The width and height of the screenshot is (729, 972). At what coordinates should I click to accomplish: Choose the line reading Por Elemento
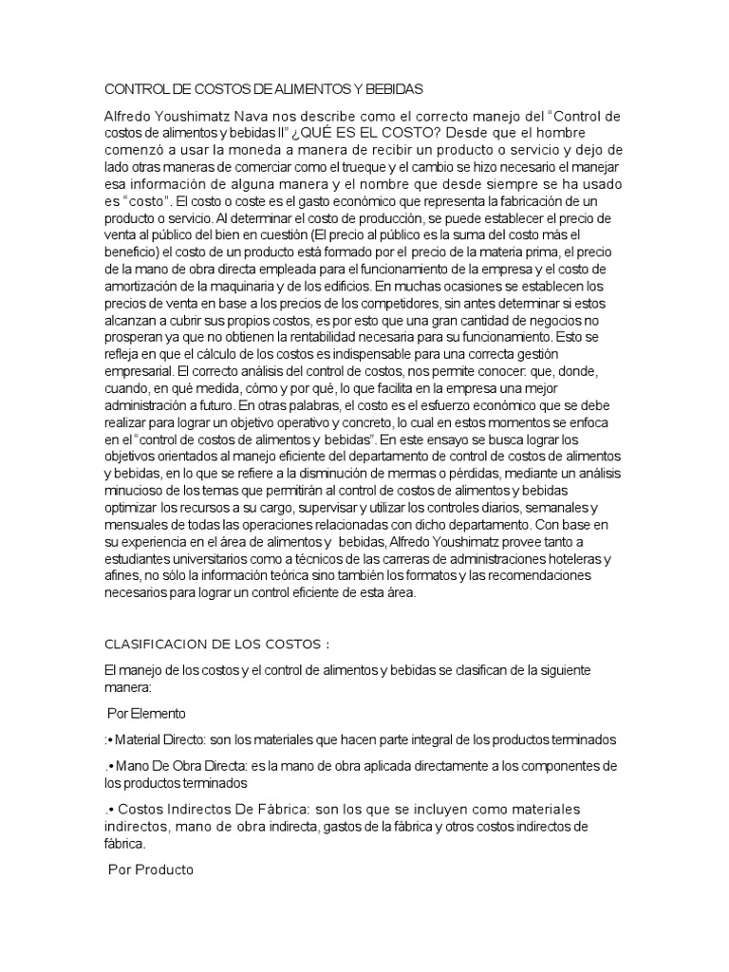tap(146, 712)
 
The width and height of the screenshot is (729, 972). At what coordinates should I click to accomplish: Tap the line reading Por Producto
tap(151, 869)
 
